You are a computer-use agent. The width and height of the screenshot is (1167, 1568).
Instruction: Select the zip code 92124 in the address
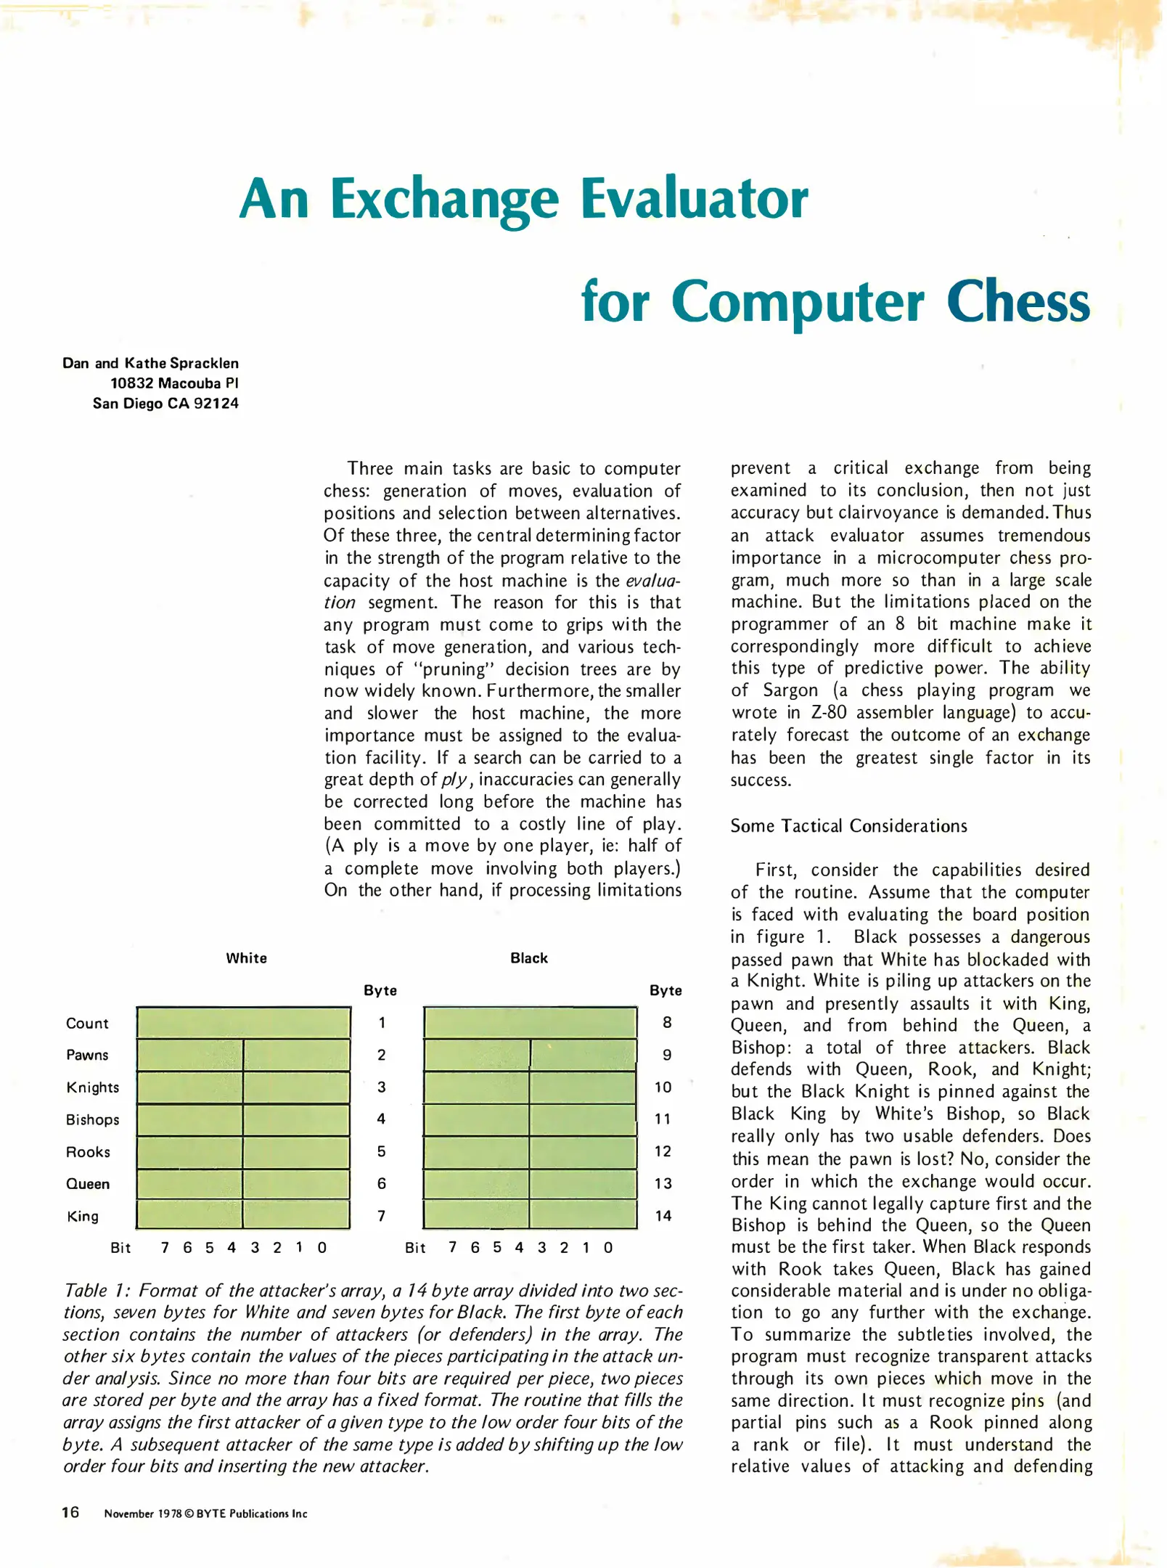click(x=216, y=404)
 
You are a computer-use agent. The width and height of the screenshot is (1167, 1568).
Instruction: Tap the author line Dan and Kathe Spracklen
click(x=150, y=363)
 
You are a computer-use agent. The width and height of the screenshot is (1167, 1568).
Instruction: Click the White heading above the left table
click(x=246, y=958)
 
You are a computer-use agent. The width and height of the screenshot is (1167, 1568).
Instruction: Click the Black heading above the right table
click(x=528, y=958)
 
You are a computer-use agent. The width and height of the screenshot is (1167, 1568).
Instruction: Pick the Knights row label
click(x=92, y=1087)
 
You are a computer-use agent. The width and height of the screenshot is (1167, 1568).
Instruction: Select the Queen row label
click(x=88, y=1184)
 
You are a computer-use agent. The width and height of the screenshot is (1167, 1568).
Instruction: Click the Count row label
click(x=87, y=1024)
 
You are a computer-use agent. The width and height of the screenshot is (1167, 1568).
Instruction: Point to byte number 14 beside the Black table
click(x=663, y=1216)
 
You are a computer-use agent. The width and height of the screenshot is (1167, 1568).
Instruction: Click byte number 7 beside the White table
click(x=381, y=1216)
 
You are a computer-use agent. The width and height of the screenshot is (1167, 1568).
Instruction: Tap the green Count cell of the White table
click(x=243, y=1023)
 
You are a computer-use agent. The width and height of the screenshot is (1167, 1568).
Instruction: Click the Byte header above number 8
click(x=666, y=991)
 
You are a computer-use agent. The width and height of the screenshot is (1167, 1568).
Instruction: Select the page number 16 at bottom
click(x=70, y=1513)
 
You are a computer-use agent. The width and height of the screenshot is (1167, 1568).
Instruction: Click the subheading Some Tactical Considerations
click(x=848, y=826)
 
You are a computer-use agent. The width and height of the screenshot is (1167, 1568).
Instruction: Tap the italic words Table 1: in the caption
click(x=97, y=1291)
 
